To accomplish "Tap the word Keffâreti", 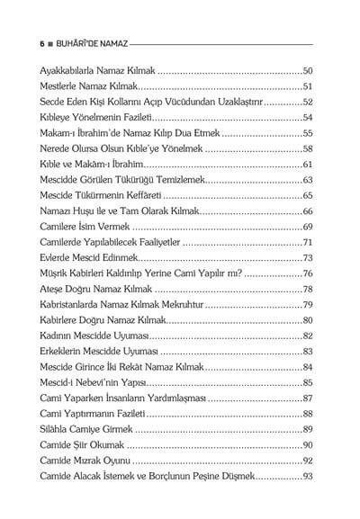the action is pos(139,196).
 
